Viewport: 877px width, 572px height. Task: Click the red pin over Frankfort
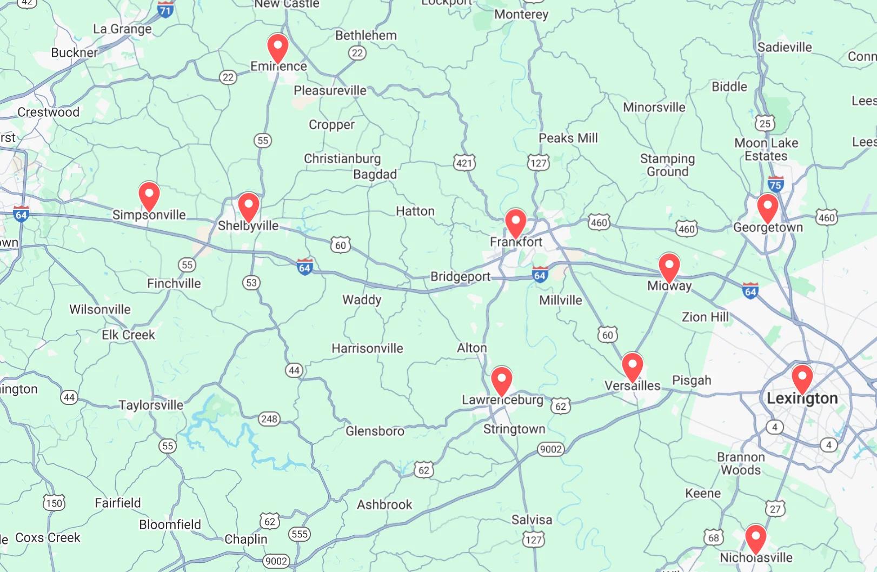click(515, 221)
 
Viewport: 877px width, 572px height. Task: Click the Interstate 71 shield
click(165, 9)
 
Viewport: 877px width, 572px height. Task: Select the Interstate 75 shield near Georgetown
click(775, 184)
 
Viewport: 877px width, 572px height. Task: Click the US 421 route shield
click(464, 163)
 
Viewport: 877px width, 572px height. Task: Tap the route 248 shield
click(269, 418)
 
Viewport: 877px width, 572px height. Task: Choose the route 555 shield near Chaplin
click(299, 534)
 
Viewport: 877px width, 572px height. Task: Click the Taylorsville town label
click(151, 405)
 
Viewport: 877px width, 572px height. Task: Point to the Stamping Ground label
click(667, 165)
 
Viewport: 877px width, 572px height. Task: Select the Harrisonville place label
click(367, 348)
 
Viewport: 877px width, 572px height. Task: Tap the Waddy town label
click(362, 300)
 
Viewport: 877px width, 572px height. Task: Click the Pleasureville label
click(330, 90)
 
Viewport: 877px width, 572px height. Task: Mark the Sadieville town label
click(784, 47)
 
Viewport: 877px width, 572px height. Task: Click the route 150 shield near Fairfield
click(54, 503)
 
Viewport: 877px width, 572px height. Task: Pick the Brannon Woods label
click(741, 463)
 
